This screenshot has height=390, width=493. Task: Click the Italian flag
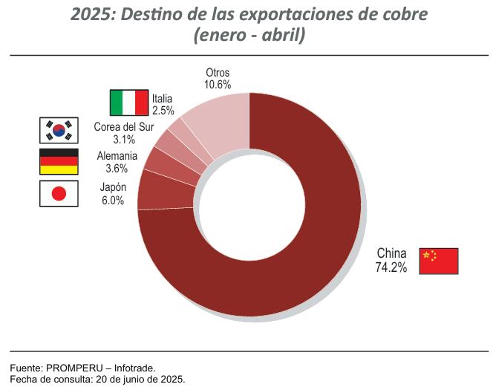[x=128, y=103]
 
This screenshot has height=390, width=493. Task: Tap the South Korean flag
[x=58, y=131]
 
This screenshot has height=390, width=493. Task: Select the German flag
[x=58, y=162]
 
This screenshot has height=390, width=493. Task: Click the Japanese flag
[x=58, y=194]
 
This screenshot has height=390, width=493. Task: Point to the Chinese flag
[x=439, y=261]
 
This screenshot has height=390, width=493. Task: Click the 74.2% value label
[x=391, y=268]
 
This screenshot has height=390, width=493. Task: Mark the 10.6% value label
[x=218, y=85]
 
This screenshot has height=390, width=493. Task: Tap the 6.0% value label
[x=112, y=201]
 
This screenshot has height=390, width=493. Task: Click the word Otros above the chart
[x=218, y=73]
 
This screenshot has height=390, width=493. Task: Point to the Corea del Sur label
[x=124, y=126]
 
